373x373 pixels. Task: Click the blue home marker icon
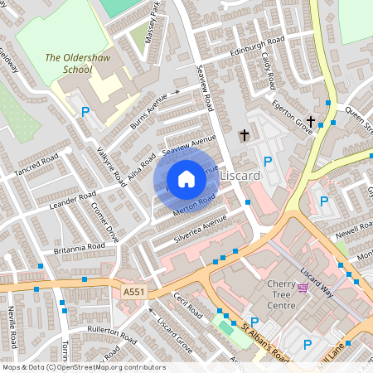point(186,179)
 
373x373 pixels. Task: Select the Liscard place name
point(241,177)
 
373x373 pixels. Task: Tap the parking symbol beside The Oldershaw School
point(85,110)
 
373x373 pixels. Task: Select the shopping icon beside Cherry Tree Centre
point(303,288)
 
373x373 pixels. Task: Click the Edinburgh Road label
point(257,42)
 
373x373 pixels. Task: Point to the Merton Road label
point(195,204)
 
